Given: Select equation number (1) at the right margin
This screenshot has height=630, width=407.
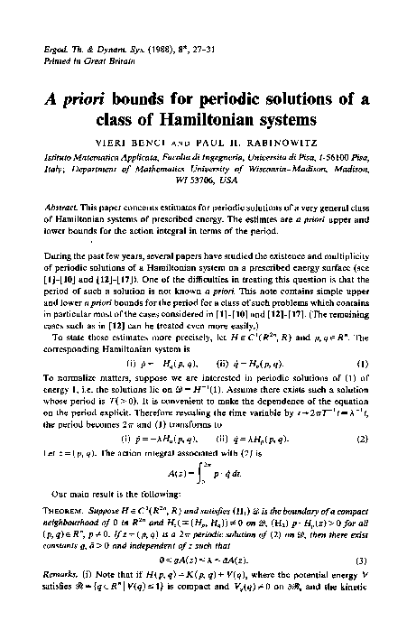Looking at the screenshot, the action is pos(370,314).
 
